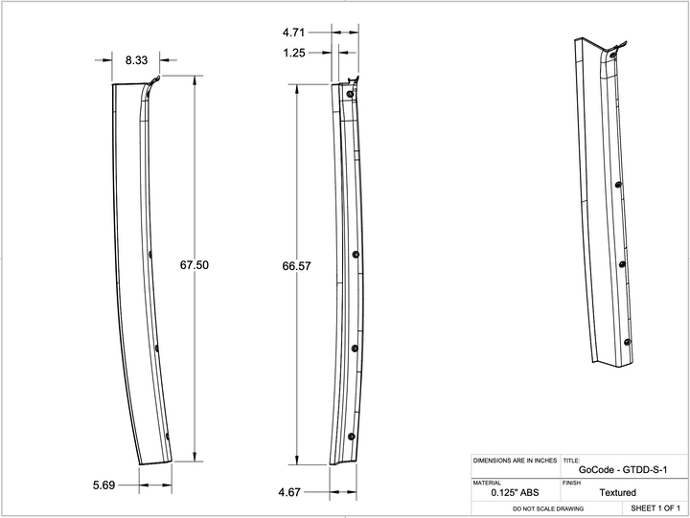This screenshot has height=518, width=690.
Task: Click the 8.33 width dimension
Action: [135, 59]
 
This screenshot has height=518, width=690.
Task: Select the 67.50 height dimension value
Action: [195, 265]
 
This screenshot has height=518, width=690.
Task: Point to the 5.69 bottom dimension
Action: [103, 485]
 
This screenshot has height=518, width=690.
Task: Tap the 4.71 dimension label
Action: [293, 33]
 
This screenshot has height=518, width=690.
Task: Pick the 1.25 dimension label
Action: [293, 54]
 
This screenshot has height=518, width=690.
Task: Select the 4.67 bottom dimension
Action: [290, 492]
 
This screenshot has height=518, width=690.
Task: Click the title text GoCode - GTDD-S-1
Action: [623, 469]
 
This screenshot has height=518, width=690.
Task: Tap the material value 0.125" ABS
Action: [515, 492]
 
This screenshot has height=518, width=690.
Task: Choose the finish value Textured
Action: [617, 492]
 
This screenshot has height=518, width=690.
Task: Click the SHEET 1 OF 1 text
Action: [655, 507]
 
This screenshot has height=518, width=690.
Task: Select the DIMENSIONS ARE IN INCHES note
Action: [515, 461]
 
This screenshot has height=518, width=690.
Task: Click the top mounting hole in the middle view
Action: [350, 94]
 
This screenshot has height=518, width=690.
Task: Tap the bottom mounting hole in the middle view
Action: [352, 436]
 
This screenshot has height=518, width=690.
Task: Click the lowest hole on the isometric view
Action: [628, 342]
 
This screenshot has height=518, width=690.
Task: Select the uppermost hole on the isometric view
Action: [618, 183]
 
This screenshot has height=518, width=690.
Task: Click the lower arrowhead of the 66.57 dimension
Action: [298, 460]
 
